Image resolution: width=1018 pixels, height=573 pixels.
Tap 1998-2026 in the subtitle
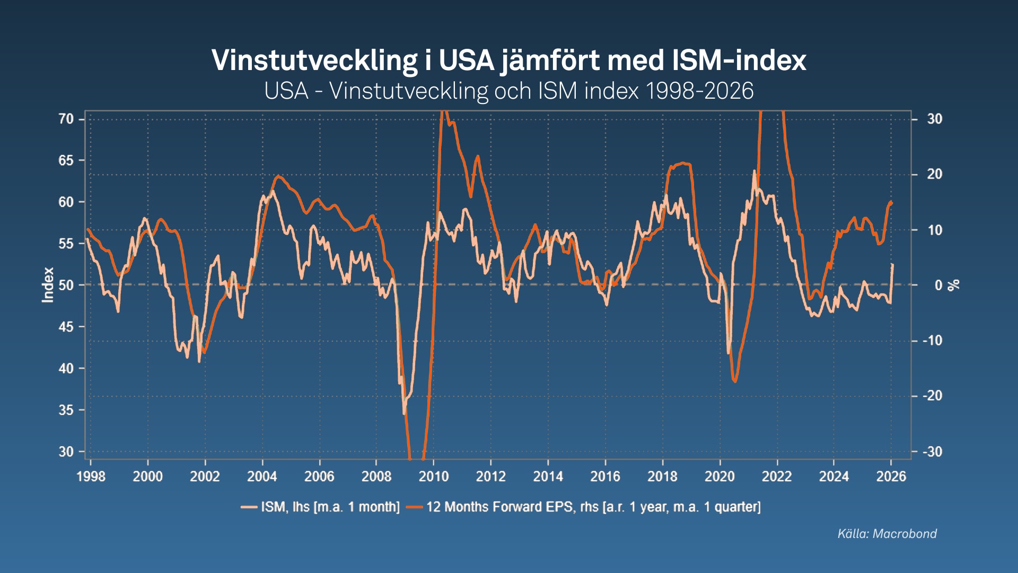click(x=699, y=91)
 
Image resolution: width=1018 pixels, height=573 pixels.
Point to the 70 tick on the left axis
click(x=66, y=119)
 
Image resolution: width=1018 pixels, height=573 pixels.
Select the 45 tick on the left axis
click(x=66, y=327)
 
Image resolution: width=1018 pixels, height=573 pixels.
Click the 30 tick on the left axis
click(x=66, y=452)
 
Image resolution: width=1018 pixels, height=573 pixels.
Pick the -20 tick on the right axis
click(x=932, y=396)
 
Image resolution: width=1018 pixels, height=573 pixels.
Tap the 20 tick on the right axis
click(x=934, y=174)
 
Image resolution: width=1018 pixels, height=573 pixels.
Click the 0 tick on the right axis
click(x=938, y=285)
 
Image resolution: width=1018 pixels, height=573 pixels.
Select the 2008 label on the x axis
click(x=376, y=476)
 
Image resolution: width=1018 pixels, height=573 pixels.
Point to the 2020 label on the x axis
click(x=719, y=476)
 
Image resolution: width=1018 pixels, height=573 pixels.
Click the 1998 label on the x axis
click(x=91, y=476)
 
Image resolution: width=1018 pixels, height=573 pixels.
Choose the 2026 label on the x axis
click(x=891, y=476)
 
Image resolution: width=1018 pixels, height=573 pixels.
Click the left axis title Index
click(x=48, y=285)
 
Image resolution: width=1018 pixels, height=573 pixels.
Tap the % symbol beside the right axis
click(x=954, y=285)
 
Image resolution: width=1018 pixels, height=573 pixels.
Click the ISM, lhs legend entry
click(x=320, y=507)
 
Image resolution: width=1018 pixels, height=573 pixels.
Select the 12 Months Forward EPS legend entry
click(x=583, y=507)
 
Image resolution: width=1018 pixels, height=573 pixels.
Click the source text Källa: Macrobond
click(x=887, y=533)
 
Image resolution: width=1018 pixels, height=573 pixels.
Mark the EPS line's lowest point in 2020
click(x=735, y=381)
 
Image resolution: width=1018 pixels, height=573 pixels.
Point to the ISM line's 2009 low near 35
click(x=404, y=413)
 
